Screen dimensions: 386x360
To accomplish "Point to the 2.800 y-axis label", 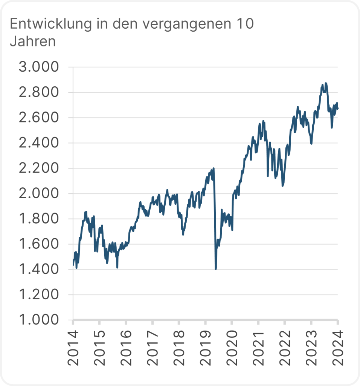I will [x=39, y=93].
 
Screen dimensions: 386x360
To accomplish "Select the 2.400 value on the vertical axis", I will [x=39, y=143].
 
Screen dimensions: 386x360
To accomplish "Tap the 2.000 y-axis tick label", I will [x=39, y=194].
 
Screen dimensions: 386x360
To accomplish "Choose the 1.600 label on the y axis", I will [x=39, y=244].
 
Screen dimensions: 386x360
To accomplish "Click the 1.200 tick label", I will [x=39, y=295].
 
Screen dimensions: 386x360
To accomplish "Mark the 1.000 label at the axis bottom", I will [x=39, y=320].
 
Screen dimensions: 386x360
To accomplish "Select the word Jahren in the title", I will [x=33, y=41].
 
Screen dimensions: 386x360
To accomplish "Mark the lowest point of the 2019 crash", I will [x=216, y=269].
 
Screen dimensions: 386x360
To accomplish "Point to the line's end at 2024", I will [x=338, y=109].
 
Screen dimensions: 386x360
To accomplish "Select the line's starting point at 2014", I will [x=73, y=265].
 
